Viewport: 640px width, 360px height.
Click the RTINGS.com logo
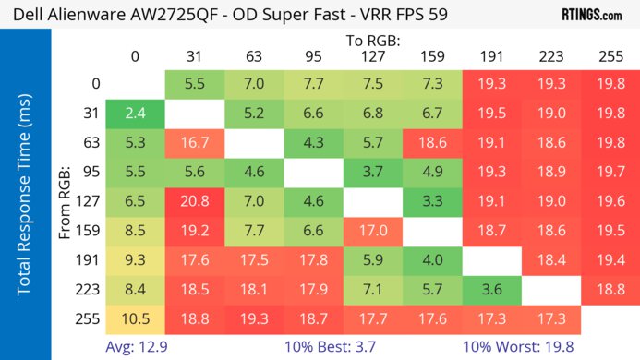point(591,15)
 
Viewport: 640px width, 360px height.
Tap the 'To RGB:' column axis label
point(372,41)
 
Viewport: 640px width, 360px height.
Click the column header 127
point(372,57)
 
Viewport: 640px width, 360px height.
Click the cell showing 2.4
point(135,114)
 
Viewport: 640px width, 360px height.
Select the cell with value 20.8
point(194,202)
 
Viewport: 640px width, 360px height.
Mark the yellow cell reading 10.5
point(135,319)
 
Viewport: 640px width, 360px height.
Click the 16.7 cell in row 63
point(194,143)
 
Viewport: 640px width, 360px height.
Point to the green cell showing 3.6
point(491,290)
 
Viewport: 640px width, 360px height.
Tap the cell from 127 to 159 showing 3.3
point(431,202)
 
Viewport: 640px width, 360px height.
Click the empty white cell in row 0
point(135,84)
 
